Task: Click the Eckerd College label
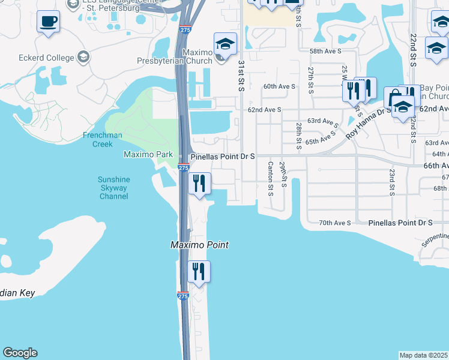click(x=50, y=58)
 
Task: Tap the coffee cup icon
click(x=48, y=22)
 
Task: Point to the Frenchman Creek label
click(x=98, y=140)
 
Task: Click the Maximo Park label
click(x=148, y=154)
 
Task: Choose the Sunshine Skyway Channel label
click(x=113, y=187)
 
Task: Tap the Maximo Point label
click(x=199, y=245)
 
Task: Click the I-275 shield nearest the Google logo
click(x=182, y=296)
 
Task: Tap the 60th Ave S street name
click(x=279, y=86)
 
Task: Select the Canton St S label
click(x=271, y=178)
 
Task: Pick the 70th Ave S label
click(x=334, y=223)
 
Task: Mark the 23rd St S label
click(x=391, y=182)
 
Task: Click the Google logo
click(x=20, y=353)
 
